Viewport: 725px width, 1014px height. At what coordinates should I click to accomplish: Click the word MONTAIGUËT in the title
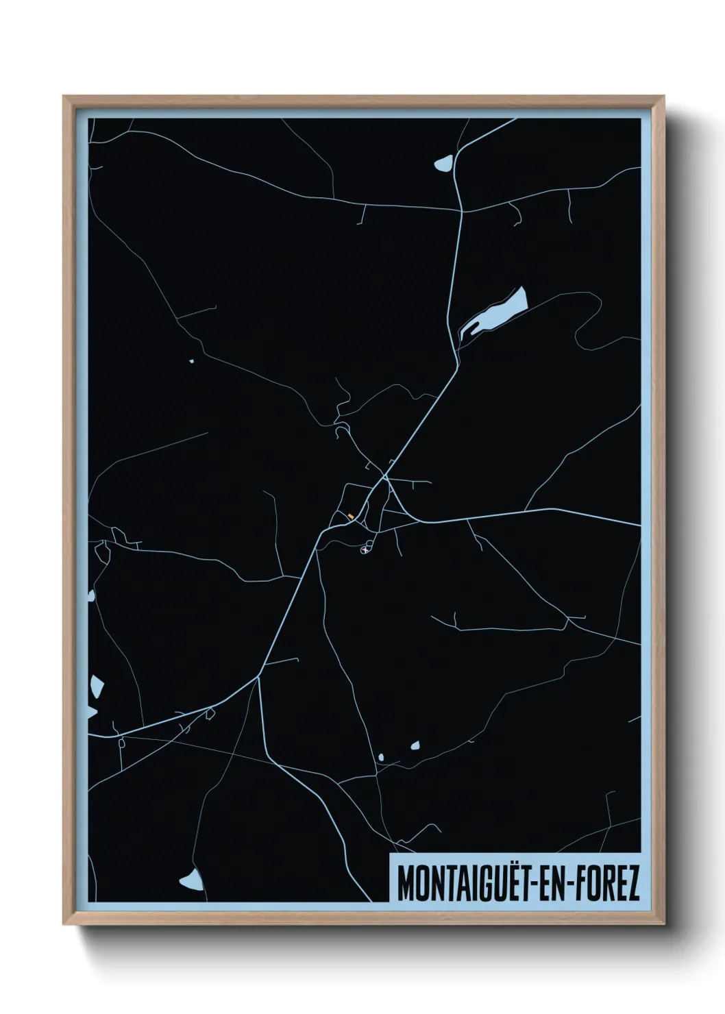click(458, 884)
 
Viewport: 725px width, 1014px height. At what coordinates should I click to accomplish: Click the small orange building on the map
click(351, 516)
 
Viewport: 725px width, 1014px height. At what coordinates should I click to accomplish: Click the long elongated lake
click(495, 313)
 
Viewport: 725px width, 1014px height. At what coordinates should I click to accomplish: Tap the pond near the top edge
click(443, 163)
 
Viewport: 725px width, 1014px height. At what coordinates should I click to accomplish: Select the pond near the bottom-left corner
click(191, 880)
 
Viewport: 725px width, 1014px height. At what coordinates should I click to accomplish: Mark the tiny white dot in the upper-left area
click(192, 360)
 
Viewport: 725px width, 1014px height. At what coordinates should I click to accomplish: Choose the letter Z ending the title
click(632, 884)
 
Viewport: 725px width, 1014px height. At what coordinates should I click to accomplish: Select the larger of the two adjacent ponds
click(415, 745)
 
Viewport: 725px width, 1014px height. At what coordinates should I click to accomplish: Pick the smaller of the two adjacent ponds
click(381, 757)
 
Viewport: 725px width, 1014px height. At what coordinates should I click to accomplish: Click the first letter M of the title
click(406, 884)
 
